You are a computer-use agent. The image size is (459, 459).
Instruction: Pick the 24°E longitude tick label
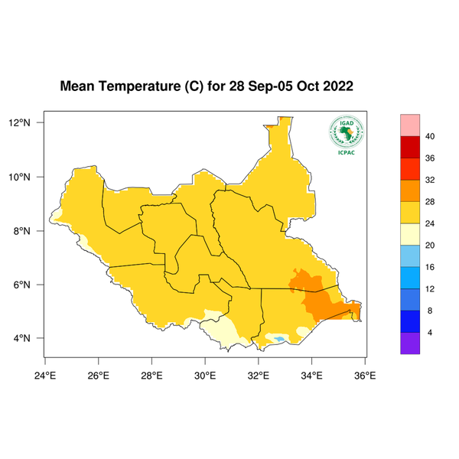coord(45,375)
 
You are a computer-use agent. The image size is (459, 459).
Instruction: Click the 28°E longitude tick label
coord(151,375)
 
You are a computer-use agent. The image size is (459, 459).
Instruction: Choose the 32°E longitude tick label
coord(258,375)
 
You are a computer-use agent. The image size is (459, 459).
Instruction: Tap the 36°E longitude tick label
coord(365,375)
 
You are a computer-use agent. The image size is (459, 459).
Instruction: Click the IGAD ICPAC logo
coord(346,135)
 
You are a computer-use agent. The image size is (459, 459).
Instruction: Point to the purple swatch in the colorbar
coord(410,343)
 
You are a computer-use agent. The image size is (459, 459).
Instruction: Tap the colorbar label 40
coord(430,136)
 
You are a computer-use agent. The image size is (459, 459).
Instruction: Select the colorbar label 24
coord(430,223)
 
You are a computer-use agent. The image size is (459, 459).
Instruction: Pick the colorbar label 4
coord(430,332)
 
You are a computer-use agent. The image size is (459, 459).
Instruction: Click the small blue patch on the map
coord(280,338)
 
